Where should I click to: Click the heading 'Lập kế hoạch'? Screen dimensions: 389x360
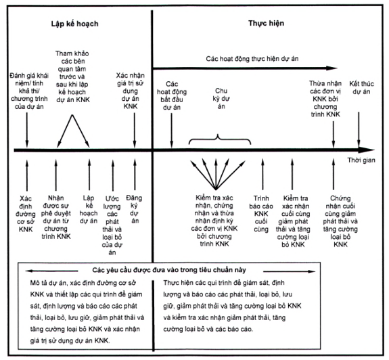74,24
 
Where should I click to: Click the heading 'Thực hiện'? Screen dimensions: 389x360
266,23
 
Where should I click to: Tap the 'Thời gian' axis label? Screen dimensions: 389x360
361,160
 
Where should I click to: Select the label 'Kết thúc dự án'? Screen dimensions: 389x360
361,87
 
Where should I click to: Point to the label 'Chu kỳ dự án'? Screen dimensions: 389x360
221,99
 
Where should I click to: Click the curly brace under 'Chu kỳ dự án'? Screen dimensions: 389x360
220,139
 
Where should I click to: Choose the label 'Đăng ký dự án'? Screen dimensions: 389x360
134,209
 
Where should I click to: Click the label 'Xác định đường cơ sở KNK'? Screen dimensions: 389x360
26,214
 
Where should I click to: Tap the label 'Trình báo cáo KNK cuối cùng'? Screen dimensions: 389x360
261,214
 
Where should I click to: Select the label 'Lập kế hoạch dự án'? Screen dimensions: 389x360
89,209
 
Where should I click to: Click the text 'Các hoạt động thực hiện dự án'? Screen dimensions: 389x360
252,59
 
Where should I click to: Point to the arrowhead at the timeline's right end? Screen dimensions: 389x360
367,150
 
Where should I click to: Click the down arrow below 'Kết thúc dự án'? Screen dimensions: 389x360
359,129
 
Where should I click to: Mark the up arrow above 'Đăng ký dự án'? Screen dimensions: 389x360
135,175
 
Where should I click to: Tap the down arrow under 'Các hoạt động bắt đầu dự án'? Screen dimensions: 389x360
172,130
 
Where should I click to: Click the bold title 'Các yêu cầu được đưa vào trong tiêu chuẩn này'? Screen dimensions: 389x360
169,270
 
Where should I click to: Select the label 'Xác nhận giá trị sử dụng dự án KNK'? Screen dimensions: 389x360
131,91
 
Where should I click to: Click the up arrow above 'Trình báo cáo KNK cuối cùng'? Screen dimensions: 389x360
262,175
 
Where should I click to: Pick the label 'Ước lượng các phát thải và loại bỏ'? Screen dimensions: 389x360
112,225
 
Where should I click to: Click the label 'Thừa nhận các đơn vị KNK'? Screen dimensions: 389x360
325,99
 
